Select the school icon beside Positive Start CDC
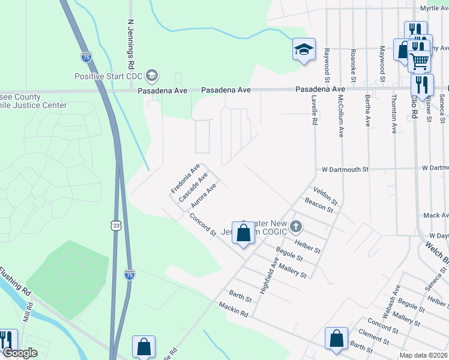(152, 76)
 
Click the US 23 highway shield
(116, 224)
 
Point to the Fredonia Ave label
(185, 179)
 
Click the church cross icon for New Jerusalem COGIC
(295, 227)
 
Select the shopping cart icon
(419, 60)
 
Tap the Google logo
(20, 353)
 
